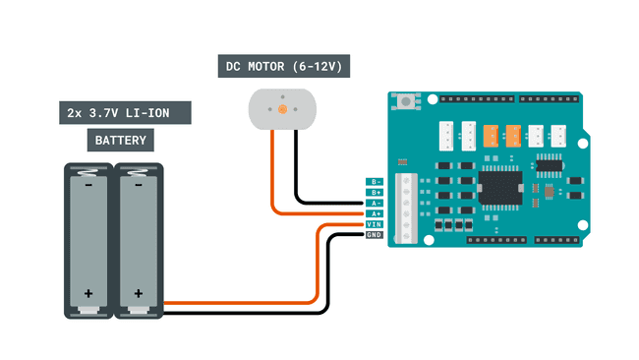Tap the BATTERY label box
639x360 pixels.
coord(121,141)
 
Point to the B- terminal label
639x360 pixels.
coord(374,182)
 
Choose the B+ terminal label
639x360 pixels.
coord(374,193)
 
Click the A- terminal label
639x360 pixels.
coord(374,203)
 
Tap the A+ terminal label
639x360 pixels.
coord(374,213)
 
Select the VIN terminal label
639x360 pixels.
coord(374,224)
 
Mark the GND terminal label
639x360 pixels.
coord(374,235)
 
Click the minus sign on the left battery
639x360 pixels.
coord(89,183)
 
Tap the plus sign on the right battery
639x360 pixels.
coord(139,293)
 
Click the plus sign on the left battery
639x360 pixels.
coord(89,293)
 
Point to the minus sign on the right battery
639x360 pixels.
coord(139,183)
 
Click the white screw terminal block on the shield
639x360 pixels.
coord(403,208)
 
